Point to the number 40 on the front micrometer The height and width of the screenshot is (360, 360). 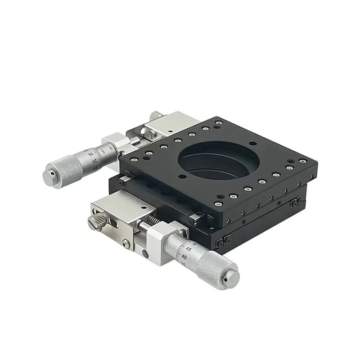tap(184, 257)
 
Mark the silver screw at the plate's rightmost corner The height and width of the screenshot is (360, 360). tap(302, 161)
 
